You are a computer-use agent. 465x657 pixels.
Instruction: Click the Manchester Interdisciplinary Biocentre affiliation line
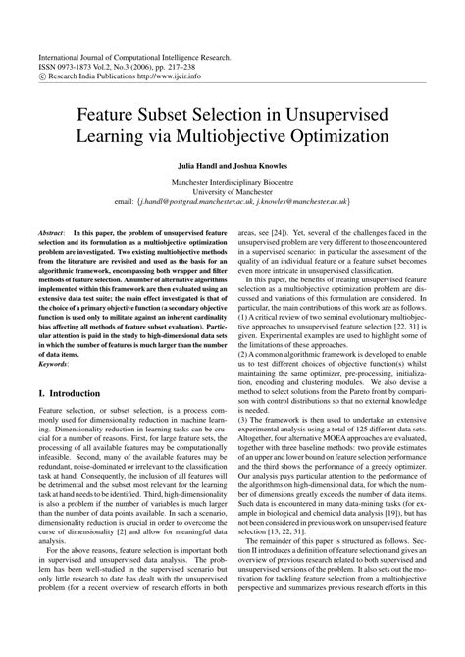point(232,182)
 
